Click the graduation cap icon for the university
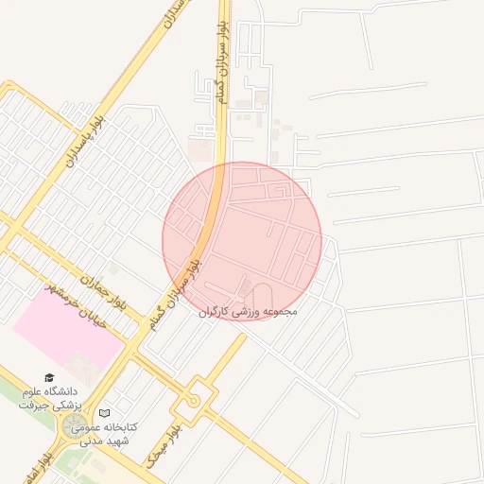pyautogui.click(x=49, y=377)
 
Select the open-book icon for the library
pyautogui.click(x=105, y=414)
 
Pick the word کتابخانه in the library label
pyautogui.click(x=119, y=427)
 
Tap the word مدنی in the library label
pyautogui.click(x=91, y=441)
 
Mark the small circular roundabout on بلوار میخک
pyautogui.click(x=193, y=400)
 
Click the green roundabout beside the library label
pyautogui.click(x=73, y=427)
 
